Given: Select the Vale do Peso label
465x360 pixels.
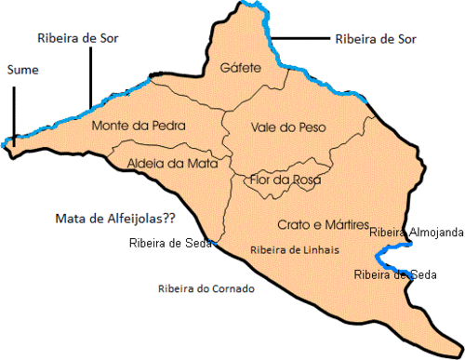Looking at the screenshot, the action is pyautogui.click(x=281, y=127).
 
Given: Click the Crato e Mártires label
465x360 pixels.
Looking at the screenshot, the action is pyautogui.click(x=324, y=225).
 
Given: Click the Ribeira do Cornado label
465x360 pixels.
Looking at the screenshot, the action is pyautogui.click(x=206, y=288).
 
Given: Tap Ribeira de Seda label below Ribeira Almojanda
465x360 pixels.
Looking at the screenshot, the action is pyautogui.click(x=395, y=274).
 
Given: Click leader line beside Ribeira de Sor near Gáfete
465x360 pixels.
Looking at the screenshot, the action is pyautogui.click(x=300, y=40).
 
